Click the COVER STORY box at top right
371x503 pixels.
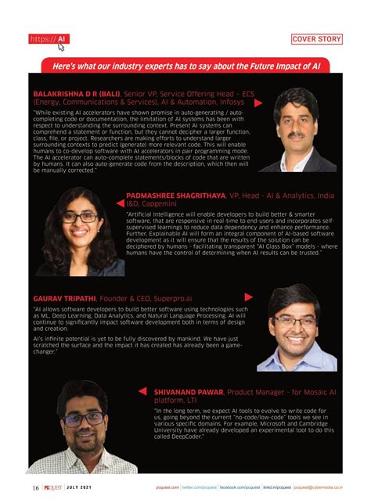(316, 38)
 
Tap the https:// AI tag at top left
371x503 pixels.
(49, 38)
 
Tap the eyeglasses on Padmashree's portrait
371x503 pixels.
(79, 217)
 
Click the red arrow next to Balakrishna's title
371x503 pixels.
(258, 102)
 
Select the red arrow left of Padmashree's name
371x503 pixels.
(117, 195)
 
